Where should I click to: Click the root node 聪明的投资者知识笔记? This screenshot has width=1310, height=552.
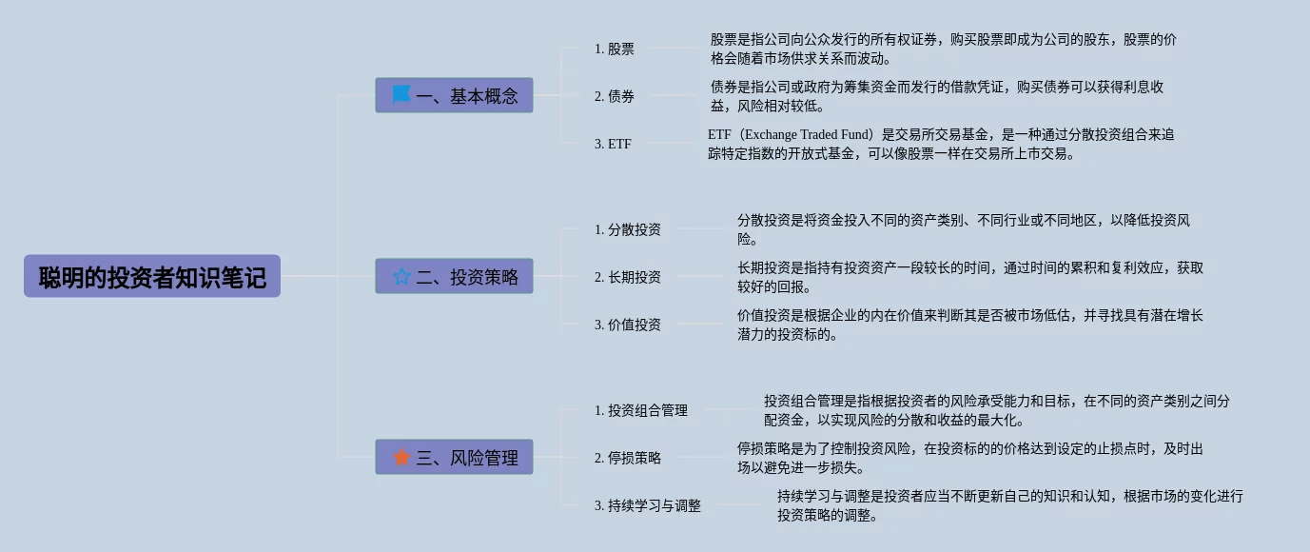[152, 276]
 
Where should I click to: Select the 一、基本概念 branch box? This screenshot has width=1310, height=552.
[454, 95]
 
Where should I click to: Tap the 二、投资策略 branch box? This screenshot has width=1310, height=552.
[454, 276]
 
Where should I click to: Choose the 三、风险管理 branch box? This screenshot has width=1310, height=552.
[454, 457]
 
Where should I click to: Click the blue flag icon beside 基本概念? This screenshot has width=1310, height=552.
[401, 95]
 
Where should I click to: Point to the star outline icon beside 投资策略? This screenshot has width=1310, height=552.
[401, 276]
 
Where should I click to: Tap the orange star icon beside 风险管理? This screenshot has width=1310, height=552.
[401, 457]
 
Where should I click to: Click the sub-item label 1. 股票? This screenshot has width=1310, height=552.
[615, 49]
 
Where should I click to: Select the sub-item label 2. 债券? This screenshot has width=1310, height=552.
[615, 96]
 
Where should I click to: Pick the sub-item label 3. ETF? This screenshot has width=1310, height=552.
[613, 144]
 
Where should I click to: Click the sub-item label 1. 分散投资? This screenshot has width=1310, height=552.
[628, 229]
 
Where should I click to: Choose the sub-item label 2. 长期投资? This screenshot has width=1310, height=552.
[628, 277]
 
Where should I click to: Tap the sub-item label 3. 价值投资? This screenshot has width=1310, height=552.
[628, 325]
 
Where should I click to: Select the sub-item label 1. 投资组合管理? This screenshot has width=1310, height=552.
[641, 410]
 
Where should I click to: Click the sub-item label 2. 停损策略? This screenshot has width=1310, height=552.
[628, 458]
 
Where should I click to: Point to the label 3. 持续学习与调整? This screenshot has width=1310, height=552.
[648, 505]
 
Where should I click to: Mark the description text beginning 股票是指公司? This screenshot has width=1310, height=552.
[944, 49]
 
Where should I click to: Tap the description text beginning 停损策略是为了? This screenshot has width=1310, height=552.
[970, 458]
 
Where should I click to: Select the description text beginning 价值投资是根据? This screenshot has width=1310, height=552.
[970, 325]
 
